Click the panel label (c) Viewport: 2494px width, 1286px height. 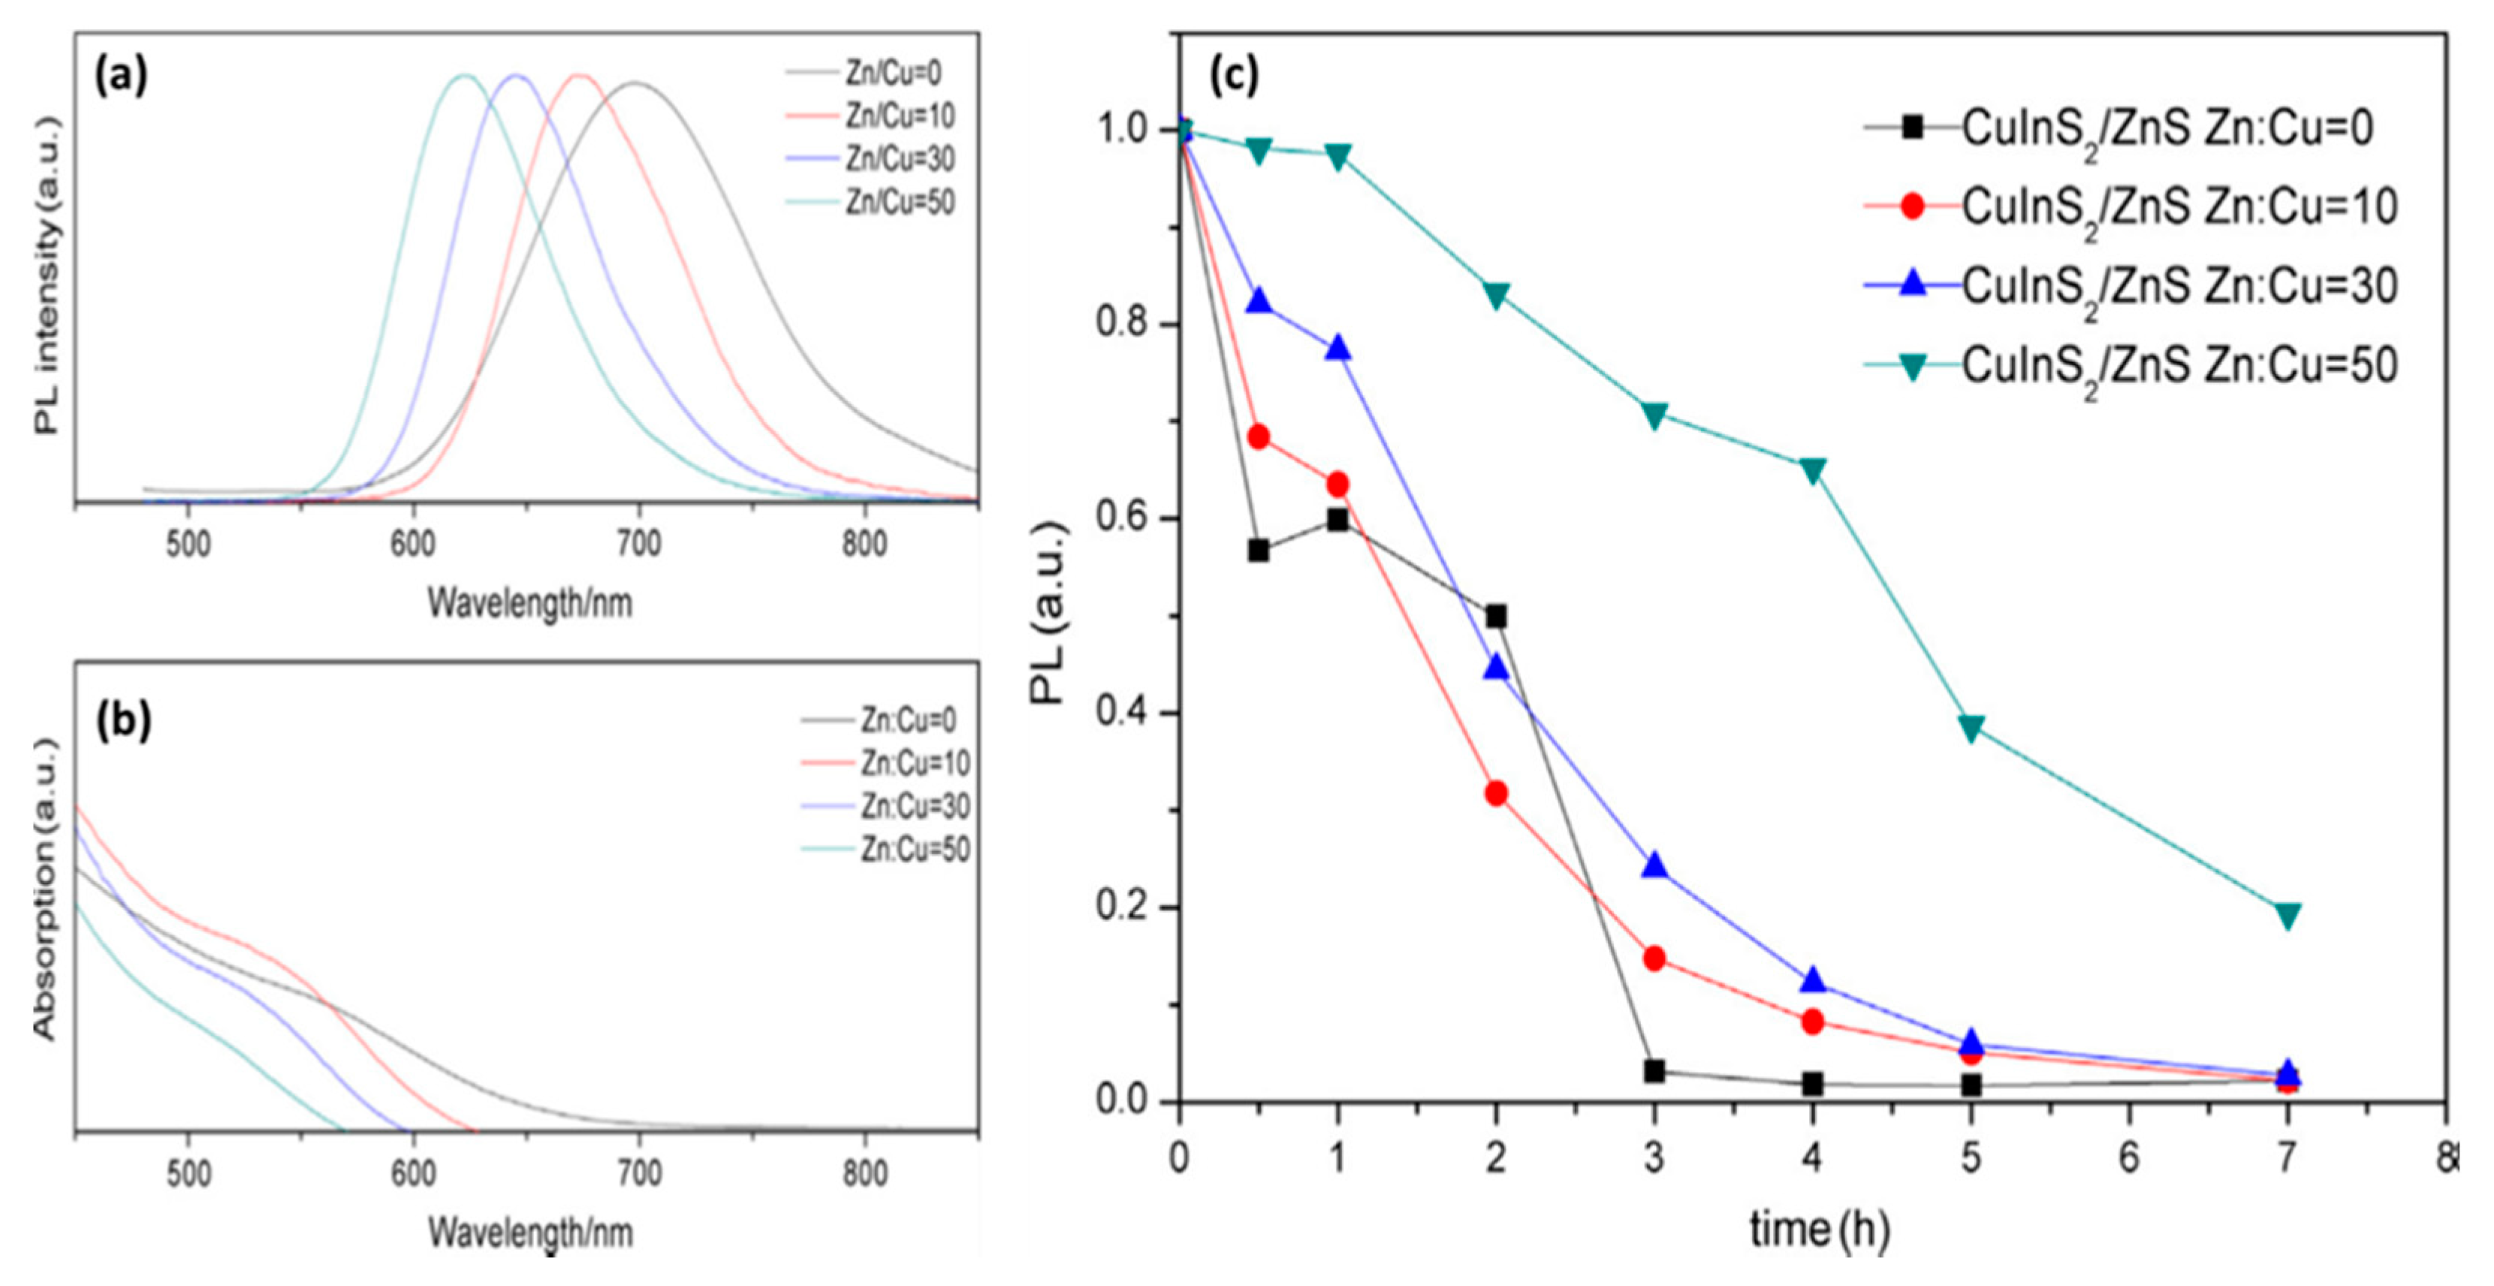[1235, 76]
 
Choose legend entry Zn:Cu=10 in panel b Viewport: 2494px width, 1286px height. [915, 763]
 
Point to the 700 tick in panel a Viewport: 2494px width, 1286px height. [638, 545]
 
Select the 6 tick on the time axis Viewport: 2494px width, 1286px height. [2129, 1159]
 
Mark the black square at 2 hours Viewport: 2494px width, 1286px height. [1496, 617]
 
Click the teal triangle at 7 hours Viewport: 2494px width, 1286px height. [2287, 915]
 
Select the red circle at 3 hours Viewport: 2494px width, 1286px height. [1654, 958]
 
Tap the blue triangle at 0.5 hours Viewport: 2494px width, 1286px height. [1258, 301]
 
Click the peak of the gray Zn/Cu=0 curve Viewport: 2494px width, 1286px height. [636, 83]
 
